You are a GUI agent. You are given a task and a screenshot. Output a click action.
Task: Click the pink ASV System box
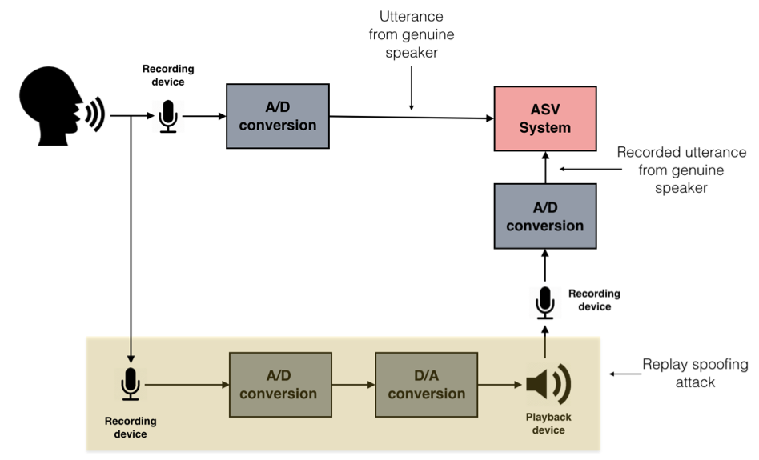[544, 118]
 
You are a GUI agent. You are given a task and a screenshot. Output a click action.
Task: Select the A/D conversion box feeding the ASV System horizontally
[278, 116]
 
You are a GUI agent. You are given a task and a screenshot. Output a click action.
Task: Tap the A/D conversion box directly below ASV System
[544, 217]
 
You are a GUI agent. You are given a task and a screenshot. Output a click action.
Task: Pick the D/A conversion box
[426, 384]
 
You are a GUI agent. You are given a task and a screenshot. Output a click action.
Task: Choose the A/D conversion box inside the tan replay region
[278, 384]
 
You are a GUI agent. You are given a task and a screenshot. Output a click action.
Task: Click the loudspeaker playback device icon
[548, 383]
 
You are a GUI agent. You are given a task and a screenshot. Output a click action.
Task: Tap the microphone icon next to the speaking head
[168, 116]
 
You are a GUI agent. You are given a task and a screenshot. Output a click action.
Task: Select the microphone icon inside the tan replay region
[131, 384]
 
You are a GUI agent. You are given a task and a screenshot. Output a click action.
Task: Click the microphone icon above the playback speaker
[545, 302]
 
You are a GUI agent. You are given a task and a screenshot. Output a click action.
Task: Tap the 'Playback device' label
[548, 424]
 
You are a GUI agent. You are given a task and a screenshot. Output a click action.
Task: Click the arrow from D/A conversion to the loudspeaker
[500, 385]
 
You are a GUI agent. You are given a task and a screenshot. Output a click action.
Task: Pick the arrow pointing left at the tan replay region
[623, 374]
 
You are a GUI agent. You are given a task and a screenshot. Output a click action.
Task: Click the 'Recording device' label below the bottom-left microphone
[131, 427]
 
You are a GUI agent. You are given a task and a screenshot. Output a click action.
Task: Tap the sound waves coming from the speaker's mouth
[95, 114]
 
